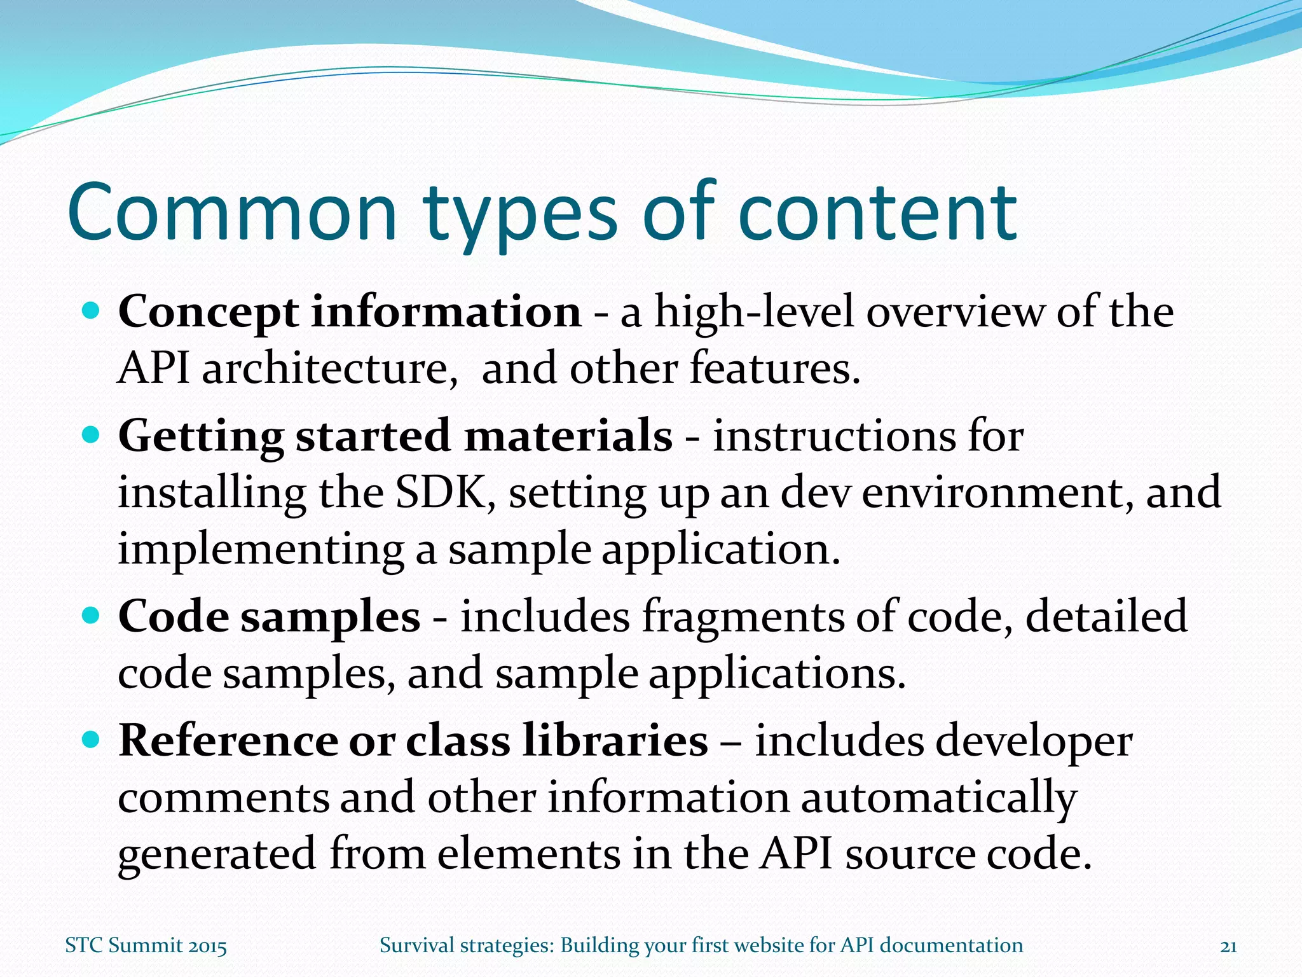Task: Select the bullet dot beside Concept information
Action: (x=92, y=311)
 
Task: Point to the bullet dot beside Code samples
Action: (x=92, y=616)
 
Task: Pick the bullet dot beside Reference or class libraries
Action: (x=92, y=740)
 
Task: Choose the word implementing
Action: (x=261, y=550)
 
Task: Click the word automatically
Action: (x=938, y=798)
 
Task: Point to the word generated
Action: (x=217, y=854)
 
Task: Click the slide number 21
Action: (x=1228, y=946)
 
